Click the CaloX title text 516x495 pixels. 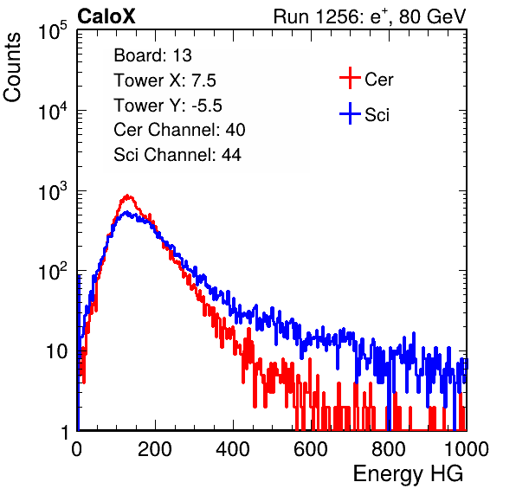point(106,16)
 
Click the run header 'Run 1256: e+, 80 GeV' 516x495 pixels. point(370,16)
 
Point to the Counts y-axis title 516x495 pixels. point(12,67)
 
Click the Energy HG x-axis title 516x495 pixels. point(408,473)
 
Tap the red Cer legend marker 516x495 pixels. point(350,78)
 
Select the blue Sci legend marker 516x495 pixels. point(350,113)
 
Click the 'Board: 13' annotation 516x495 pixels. point(152,55)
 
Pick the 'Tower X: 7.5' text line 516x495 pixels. point(164,80)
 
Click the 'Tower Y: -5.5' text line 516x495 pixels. point(168,106)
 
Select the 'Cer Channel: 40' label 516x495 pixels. point(179,130)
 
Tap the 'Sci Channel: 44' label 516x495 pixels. point(177,155)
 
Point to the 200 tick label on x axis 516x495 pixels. point(155,449)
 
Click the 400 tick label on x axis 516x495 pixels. point(233,449)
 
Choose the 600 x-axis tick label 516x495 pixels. point(311,449)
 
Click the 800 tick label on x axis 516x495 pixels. point(389,449)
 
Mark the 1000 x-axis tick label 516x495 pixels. point(467,449)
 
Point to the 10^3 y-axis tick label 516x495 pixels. point(53,191)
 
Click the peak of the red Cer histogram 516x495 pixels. point(127,195)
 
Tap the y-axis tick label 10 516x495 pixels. point(56,352)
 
